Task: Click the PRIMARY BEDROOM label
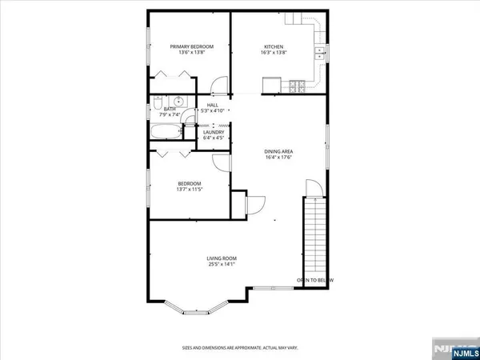coord(191,46)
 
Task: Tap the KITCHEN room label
coord(274,46)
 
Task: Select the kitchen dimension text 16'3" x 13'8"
coord(274,53)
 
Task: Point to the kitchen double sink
coord(319,54)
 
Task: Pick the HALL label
coord(213,105)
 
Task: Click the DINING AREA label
coord(278,150)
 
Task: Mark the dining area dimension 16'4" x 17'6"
coord(278,158)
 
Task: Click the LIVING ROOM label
coord(222,258)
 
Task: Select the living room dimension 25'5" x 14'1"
coord(222,265)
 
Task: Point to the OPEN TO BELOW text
coord(314,280)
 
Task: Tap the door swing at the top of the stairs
coord(313,189)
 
